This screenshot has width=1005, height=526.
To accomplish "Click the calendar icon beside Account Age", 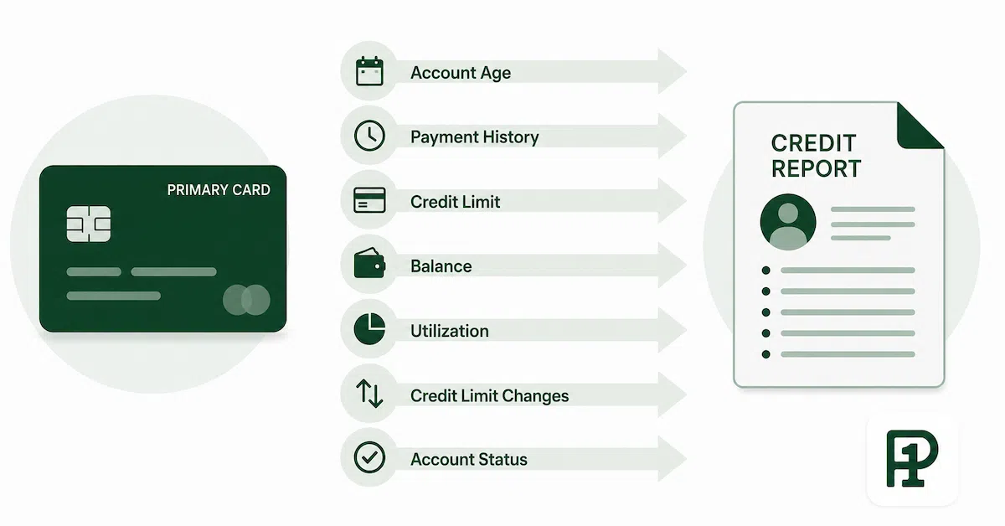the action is [x=369, y=71].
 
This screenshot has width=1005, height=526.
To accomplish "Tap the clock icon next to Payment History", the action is [x=369, y=136].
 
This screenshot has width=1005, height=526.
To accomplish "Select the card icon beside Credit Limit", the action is [x=369, y=199].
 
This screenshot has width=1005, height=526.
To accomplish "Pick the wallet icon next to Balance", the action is [x=369, y=264].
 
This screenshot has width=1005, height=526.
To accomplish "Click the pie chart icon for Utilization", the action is [x=369, y=329].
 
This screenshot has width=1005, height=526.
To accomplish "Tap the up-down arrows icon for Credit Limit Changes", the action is [x=369, y=394].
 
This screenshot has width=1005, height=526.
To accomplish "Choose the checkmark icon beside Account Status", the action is [x=369, y=458].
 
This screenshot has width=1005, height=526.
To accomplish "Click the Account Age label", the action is [x=461, y=73].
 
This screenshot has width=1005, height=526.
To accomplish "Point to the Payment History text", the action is [x=475, y=137].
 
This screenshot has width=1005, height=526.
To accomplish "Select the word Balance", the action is [x=441, y=266].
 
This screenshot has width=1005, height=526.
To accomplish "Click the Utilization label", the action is [x=450, y=331].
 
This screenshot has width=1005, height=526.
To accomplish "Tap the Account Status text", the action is [x=469, y=460].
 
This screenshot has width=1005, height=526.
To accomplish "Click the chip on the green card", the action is [x=89, y=224].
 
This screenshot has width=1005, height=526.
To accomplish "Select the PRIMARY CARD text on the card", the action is [x=219, y=190].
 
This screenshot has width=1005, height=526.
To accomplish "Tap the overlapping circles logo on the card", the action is [x=246, y=300].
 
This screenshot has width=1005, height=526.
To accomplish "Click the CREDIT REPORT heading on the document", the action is [x=816, y=156].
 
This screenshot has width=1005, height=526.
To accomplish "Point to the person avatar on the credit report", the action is [x=788, y=222].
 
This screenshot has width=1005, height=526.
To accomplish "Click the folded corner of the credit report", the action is [x=918, y=128].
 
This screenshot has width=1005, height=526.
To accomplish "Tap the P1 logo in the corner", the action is [x=912, y=458].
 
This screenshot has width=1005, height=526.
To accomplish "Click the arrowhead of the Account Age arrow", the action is [x=672, y=71].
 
